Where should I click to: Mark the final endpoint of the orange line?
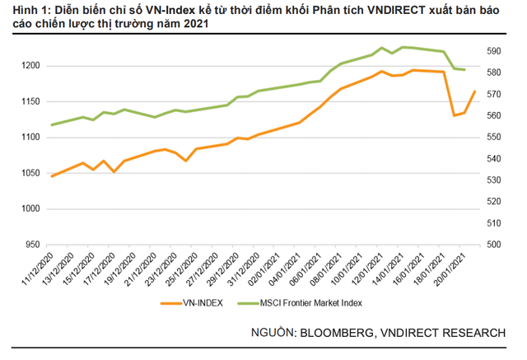[475, 91]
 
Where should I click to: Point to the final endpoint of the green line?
[465, 69]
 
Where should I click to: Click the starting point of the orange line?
[52, 176]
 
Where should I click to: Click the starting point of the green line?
[52, 125]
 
